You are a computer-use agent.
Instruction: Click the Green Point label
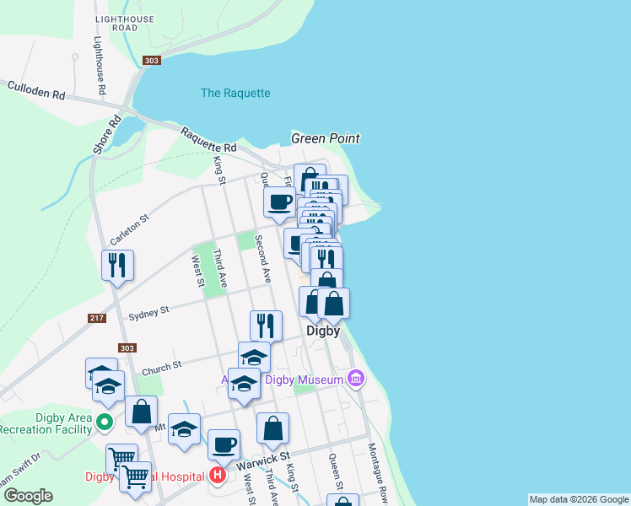pos(326,138)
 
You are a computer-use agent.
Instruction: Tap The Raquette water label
pos(235,93)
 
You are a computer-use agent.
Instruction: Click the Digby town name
pos(322,331)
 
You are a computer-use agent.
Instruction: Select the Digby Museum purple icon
pos(356,379)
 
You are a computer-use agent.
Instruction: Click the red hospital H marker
pos(218,476)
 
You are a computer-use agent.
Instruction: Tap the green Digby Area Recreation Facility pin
pos(105,421)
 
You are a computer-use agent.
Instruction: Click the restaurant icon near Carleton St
pos(117,265)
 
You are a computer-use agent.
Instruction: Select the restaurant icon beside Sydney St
pos(266,325)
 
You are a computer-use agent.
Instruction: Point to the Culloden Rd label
pos(36,90)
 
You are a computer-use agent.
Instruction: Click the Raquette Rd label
pos(207,139)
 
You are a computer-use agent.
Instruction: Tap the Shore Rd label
pos(102,135)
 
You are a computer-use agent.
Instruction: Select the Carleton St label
pos(129,229)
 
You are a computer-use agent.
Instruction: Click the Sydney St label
pos(148,313)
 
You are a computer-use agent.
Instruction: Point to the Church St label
pos(161,367)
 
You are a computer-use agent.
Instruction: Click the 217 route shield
pos(97,318)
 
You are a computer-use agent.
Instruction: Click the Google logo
pos(28,496)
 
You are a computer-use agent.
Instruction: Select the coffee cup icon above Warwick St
pos(224,444)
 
